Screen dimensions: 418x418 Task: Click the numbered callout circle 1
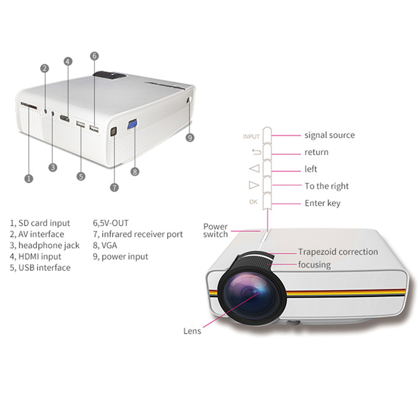point(29,178)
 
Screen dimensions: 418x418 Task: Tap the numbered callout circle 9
point(190,137)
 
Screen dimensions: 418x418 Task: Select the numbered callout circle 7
point(114,188)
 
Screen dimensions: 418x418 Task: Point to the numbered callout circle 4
point(68,62)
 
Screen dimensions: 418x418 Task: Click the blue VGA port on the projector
point(133,124)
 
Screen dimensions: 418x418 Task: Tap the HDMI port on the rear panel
point(64,118)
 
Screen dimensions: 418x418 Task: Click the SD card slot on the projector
point(29,106)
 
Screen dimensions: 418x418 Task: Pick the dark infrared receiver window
point(113,131)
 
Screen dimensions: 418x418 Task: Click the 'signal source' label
point(330,135)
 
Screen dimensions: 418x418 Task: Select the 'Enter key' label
point(322,203)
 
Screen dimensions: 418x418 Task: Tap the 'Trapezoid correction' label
point(338,252)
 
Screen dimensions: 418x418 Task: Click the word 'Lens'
point(192,331)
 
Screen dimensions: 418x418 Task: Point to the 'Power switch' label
point(215,230)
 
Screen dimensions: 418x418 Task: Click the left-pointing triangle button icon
point(254,168)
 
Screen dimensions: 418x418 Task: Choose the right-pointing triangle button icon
point(254,185)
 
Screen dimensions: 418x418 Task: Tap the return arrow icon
point(257,152)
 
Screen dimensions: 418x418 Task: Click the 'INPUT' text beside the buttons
point(251,137)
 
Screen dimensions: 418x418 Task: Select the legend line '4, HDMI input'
point(36,257)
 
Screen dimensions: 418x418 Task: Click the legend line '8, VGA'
point(105,245)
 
